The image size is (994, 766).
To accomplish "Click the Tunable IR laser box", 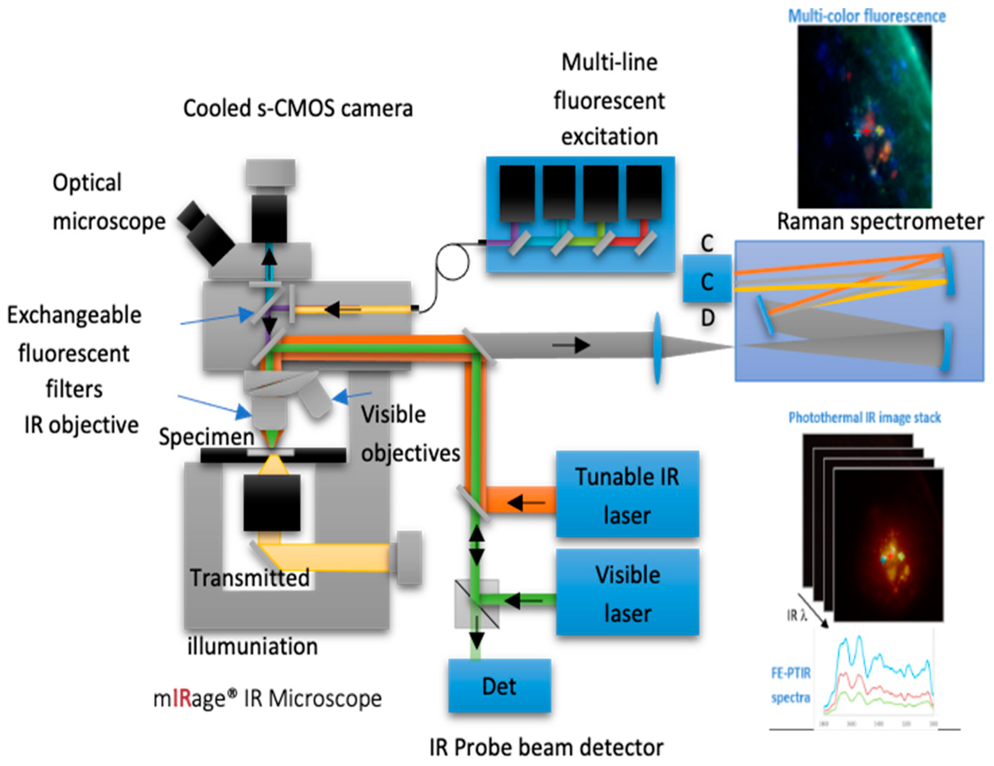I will click(627, 494).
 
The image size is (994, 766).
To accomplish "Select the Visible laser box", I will click(627, 592).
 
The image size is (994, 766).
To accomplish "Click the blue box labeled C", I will click(706, 279).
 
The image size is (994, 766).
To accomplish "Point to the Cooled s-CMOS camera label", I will click(298, 109).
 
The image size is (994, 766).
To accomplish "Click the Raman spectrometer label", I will click(879, 222).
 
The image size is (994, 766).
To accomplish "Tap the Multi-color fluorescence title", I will click(866, 16).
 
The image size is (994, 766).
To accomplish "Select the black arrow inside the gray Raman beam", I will click(571, 345).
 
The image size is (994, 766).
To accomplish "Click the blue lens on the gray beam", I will click(657, 348).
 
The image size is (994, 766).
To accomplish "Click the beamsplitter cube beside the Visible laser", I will click(477, 604).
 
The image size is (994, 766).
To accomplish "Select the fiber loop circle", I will click(452, 262).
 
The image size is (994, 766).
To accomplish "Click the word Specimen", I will click(206, 437).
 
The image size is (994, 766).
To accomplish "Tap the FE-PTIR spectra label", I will click(790, 685).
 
